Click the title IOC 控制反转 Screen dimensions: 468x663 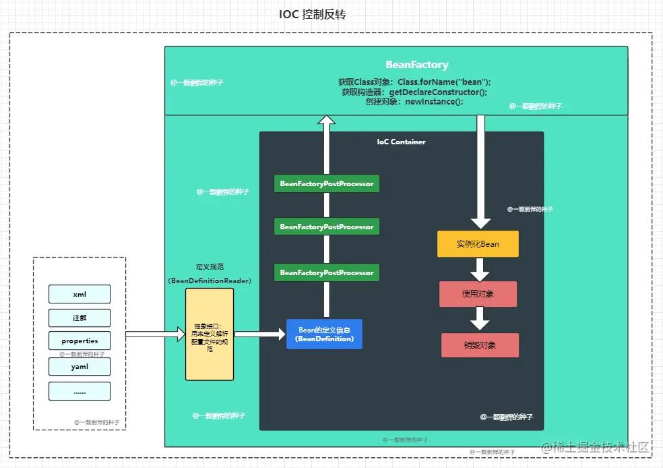point(312,14)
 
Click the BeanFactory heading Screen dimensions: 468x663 point(416,65)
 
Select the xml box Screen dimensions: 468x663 point(80,294)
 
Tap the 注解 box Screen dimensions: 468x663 point(80,318)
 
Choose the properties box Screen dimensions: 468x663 point(80,341)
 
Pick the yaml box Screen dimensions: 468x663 point(80,367)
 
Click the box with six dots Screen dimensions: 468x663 point(80,391)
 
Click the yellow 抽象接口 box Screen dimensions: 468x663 point(210,334)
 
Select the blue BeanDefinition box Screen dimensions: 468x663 point(324,334)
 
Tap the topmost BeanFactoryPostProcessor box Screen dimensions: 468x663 point(327,183)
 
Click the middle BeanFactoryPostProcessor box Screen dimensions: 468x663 point(327,227)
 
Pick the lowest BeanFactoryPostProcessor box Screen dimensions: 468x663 point(327,272)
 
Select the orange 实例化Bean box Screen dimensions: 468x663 point(478,244)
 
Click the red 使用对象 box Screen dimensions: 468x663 point(478,295)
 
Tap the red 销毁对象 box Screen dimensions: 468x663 point(480,345)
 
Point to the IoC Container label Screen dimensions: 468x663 point(401,142)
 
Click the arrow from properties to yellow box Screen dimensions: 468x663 point(155,334)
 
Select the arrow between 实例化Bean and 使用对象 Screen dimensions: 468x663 point(479,269)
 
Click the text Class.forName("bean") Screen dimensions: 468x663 point(444,82)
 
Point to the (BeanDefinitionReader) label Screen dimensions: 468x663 point(210,281)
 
